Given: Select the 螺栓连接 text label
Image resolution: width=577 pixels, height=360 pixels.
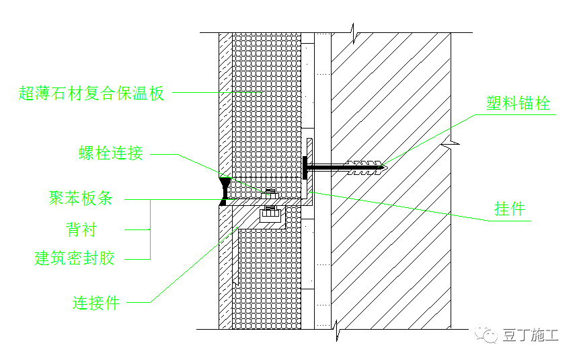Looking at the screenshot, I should [111, 153].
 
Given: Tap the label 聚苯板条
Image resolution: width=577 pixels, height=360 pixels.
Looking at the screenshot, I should [80, 199].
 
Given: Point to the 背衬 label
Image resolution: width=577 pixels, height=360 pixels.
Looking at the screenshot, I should [81, 230].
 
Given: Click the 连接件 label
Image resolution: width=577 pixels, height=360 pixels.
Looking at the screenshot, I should [96, 303].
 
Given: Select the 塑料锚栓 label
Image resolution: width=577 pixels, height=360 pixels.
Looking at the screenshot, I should [518, 104].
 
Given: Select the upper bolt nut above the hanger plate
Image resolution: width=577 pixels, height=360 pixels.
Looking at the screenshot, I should [270, 193].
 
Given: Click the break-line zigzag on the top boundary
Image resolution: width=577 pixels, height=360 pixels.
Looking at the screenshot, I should [351, 30].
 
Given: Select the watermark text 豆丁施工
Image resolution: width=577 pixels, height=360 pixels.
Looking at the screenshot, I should [530, 335].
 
